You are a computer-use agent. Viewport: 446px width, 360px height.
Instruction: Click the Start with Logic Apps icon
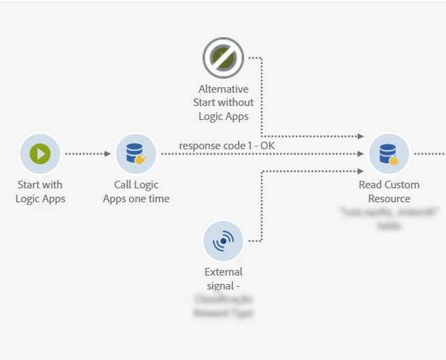[40, 153]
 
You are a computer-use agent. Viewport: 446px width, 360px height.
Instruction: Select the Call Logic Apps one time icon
[135, 153]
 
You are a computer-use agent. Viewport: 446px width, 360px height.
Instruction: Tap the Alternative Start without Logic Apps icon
[223, 58]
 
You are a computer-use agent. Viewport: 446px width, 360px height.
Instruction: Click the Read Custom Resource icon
[389, 153]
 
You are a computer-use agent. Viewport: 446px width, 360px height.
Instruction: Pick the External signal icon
[223, 241]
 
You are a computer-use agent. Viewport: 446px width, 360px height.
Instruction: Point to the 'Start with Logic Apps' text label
[40, 192]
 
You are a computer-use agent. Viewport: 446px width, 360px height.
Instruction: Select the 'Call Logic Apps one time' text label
[136, 192]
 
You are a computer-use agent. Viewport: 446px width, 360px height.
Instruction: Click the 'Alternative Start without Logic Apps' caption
[223, 103]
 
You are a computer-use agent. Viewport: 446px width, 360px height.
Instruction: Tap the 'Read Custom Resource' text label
[389, 192]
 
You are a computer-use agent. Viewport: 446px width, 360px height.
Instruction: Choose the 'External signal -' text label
[223, 279]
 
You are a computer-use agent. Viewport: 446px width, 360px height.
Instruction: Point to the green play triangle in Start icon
[41, 153]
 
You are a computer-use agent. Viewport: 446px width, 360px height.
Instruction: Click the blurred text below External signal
[223, 306]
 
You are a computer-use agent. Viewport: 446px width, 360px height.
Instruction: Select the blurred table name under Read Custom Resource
[389, 219]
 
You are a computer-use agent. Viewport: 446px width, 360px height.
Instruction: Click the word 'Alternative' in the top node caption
[223, 89]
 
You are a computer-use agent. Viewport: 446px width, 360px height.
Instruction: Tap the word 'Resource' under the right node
[389, 199]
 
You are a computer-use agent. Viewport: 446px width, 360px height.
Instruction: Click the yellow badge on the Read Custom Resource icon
[394, 161]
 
